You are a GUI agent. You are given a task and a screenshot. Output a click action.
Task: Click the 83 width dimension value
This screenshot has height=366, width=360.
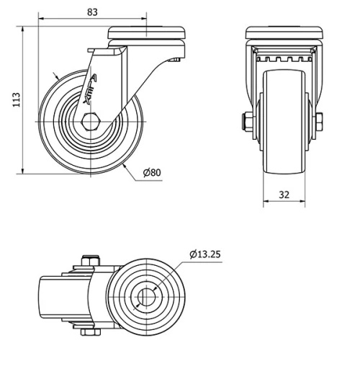[92, 12]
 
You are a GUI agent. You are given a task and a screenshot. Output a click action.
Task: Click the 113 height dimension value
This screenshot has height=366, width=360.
[17, 99]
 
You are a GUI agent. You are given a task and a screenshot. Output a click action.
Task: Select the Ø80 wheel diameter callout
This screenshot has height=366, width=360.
[152, 172]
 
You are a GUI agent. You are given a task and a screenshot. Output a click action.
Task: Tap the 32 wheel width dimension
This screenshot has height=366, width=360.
[284, 195]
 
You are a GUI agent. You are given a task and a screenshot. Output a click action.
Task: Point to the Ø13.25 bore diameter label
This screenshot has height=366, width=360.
[204, 254]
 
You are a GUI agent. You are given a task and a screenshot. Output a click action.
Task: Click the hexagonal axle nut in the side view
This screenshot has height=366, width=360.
[91, 122]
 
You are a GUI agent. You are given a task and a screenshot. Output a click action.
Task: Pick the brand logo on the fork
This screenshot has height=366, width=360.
[90, 89]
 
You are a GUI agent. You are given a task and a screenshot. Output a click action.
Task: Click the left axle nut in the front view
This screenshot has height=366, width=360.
[247, 122]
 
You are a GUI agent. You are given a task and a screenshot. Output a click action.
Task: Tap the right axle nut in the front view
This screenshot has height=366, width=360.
[319, 122]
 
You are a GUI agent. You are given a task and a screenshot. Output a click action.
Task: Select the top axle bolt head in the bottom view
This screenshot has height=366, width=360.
[90, 260]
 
